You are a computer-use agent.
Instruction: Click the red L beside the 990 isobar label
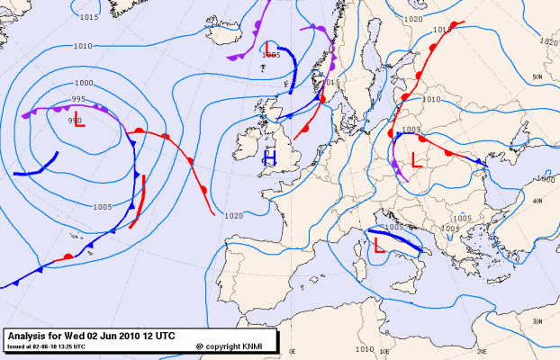(x=80, y=121)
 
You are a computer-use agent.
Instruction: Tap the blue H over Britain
(x=268, y=159)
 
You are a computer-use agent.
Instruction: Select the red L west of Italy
(x=379, y=244)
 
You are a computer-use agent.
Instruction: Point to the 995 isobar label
(x=78, y=99)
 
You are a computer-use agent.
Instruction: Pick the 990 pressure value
(x=74, y=120)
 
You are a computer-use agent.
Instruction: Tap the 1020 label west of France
(x=234, y=216)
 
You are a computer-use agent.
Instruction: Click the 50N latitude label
(x=537, y=77)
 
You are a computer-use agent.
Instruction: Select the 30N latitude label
(x=537, y=321)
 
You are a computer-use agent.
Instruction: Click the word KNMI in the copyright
(x=255, y=345)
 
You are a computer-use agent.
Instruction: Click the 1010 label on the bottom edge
(x=364, y=349)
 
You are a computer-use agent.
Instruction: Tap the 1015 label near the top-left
(x=88, y=17)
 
